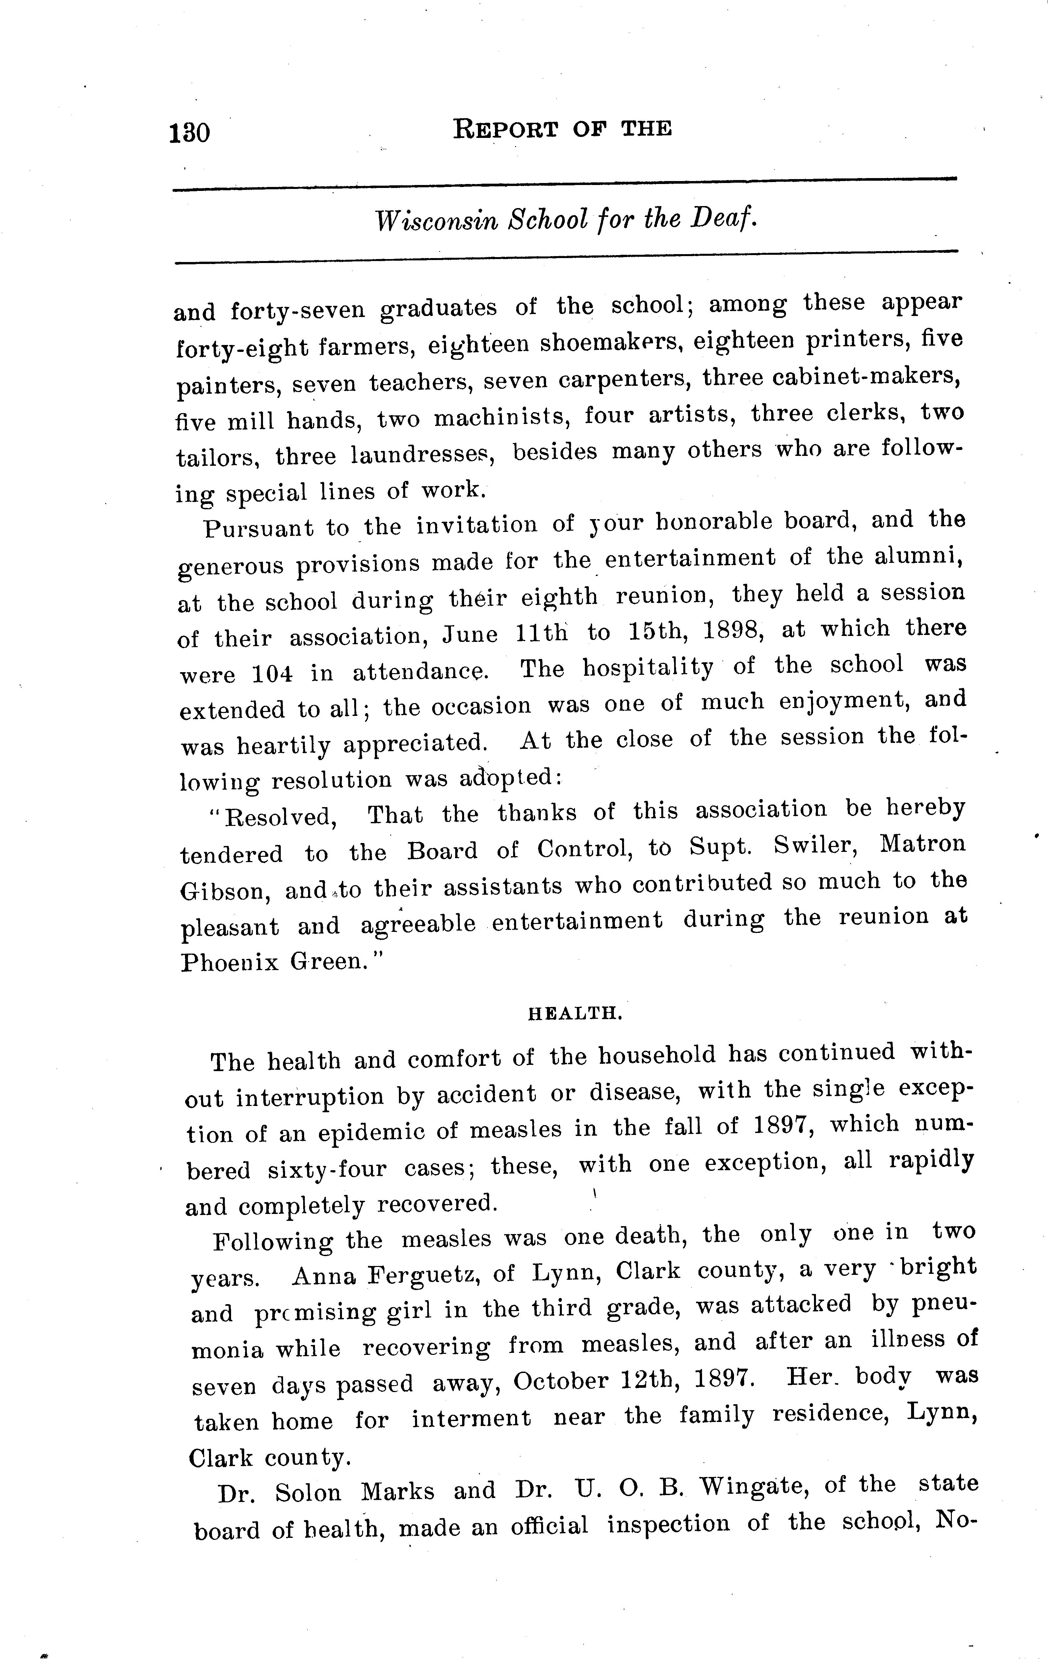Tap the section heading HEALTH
click(575, 1014)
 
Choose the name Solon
click(308, 1492)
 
